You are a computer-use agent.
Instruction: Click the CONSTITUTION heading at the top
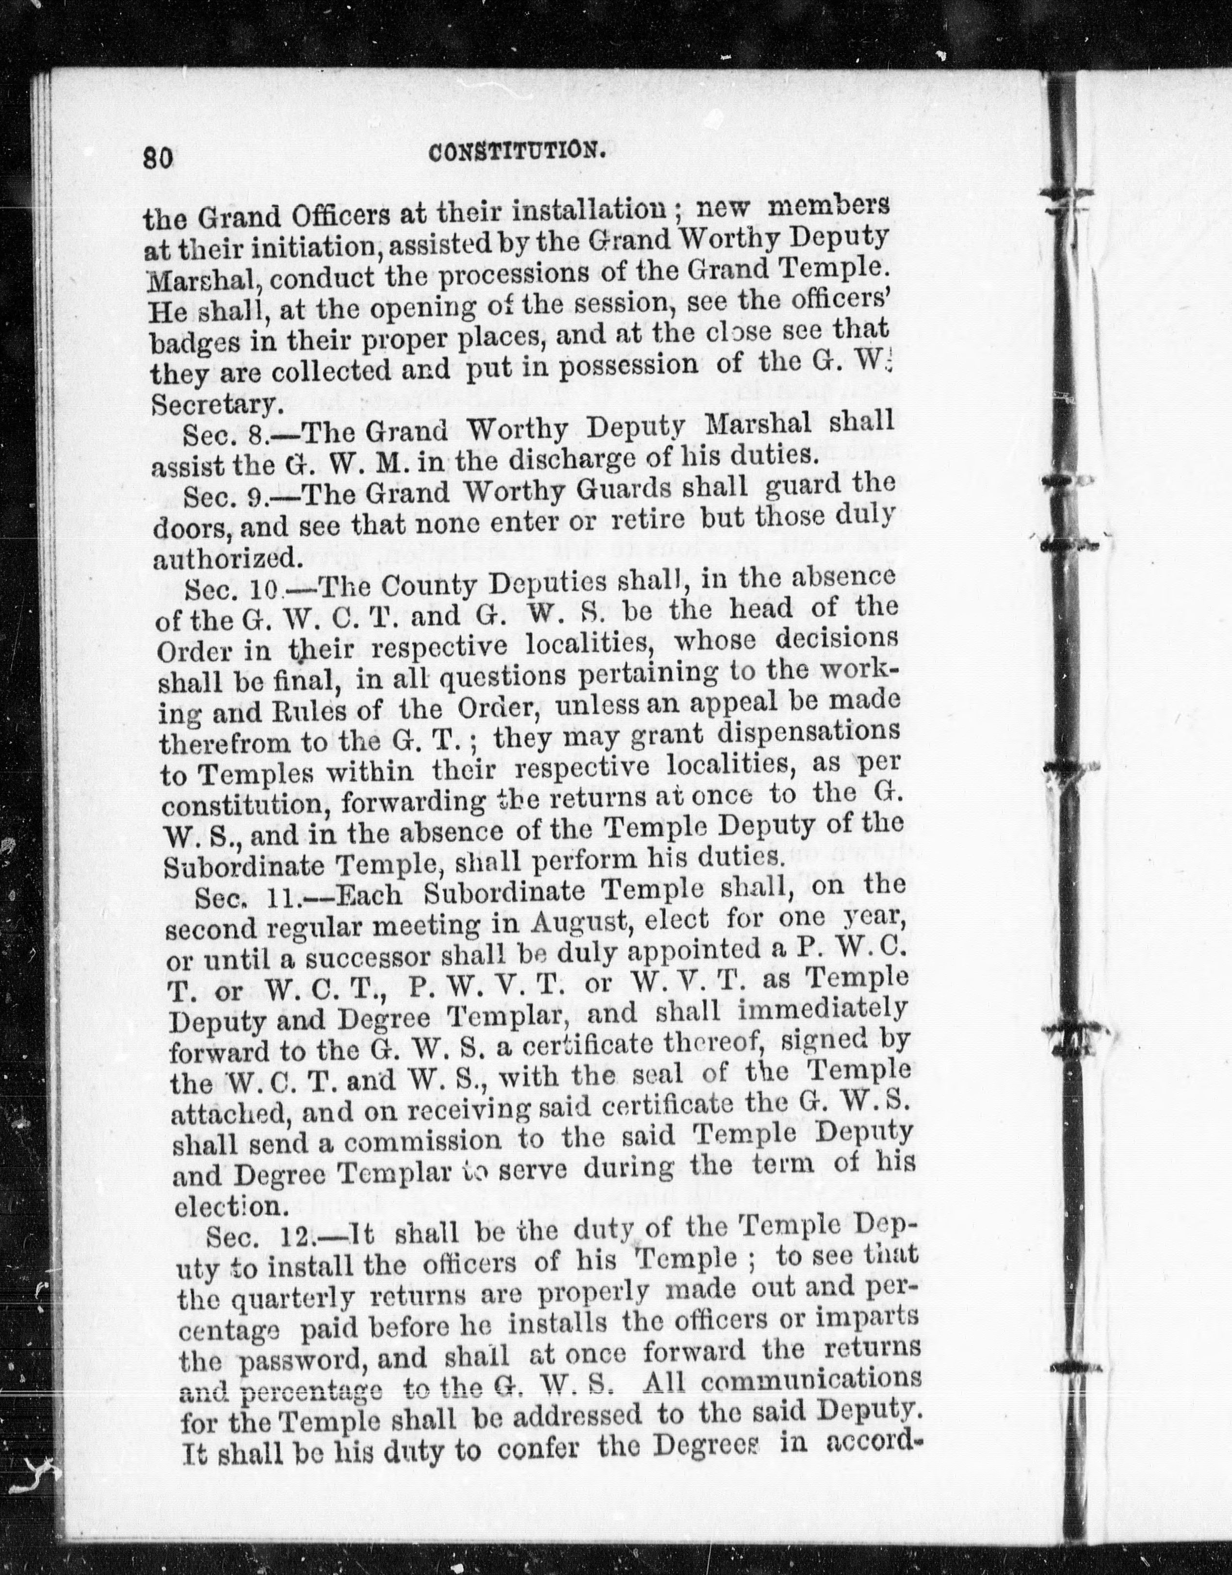click(x=516, y=152)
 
